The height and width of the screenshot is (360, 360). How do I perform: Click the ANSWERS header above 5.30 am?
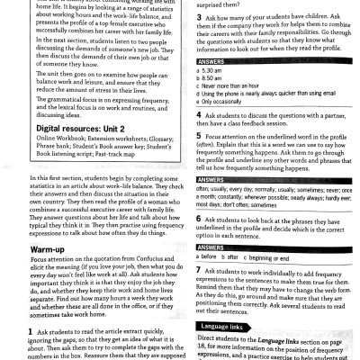[x=210, y=61]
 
